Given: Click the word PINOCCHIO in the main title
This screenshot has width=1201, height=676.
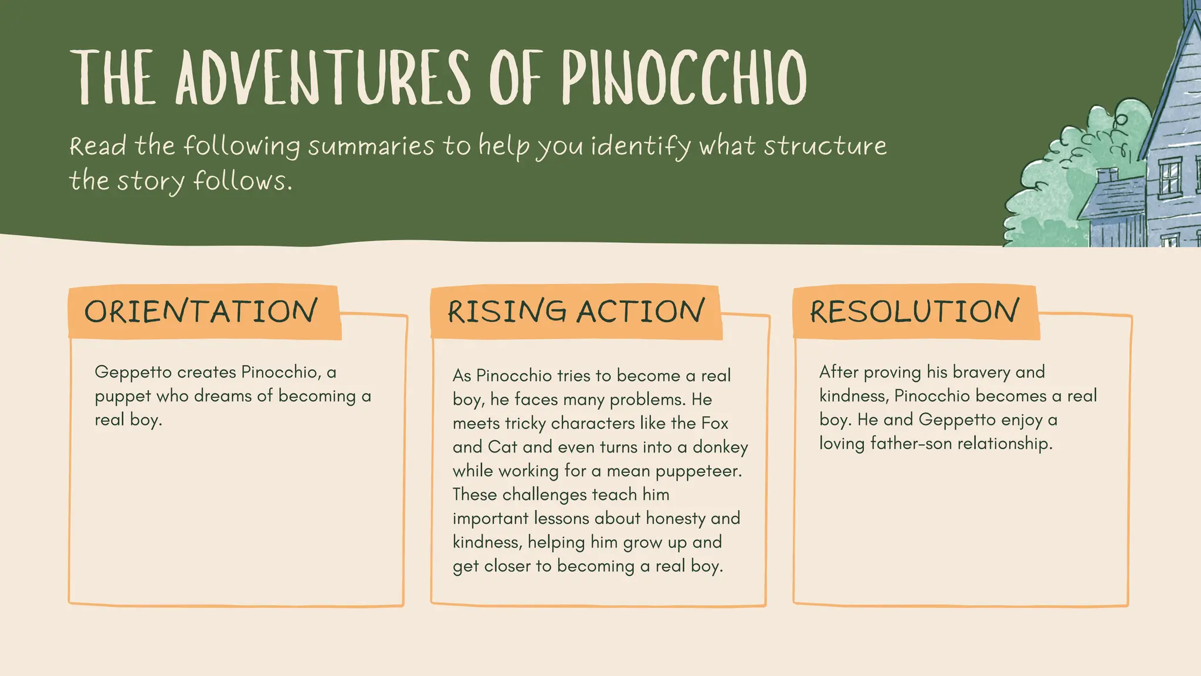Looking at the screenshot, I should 684,77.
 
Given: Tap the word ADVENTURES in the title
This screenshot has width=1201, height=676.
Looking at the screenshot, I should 323,77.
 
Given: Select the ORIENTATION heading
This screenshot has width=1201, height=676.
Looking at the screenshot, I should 201,312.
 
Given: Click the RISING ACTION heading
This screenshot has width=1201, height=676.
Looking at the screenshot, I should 576,312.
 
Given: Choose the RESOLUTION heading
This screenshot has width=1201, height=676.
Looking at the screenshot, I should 914,312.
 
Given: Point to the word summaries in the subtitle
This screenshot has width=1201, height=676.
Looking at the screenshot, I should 371,146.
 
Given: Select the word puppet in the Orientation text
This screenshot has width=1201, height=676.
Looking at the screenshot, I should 123,397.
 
